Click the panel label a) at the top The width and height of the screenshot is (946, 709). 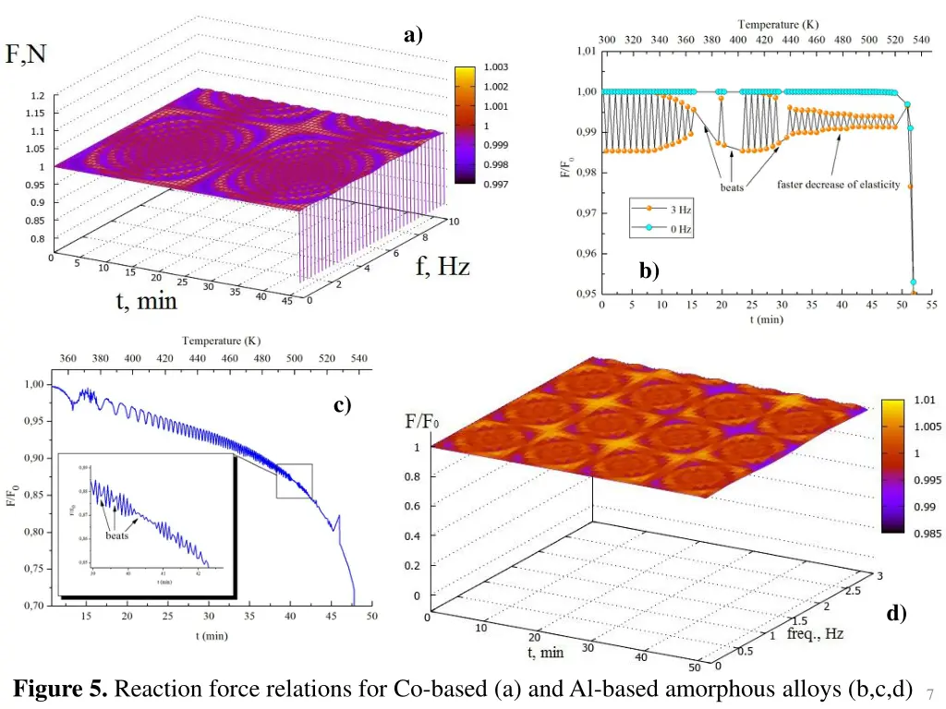click(x=413, y=36)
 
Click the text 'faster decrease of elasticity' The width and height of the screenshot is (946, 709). click(x=838, y=185)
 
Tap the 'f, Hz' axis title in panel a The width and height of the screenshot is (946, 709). click(x=442, y=268)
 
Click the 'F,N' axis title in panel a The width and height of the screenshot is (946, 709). click(x=28, y=55)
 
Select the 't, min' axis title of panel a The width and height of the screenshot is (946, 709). click(x=146, y=301)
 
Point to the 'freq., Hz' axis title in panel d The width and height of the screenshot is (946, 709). click(x=815, y=635)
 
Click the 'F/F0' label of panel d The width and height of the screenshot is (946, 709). click(x=422, y=422)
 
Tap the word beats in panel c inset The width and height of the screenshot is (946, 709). click(x=117, y=535)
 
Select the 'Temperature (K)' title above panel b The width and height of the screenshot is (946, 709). click(x=777, y=24)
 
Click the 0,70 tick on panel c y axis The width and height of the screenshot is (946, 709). click(x=31, y=606)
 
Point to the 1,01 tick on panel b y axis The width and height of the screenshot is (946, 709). click(x=587, y=51)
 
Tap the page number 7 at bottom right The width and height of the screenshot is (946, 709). click(x=929, y=692)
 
